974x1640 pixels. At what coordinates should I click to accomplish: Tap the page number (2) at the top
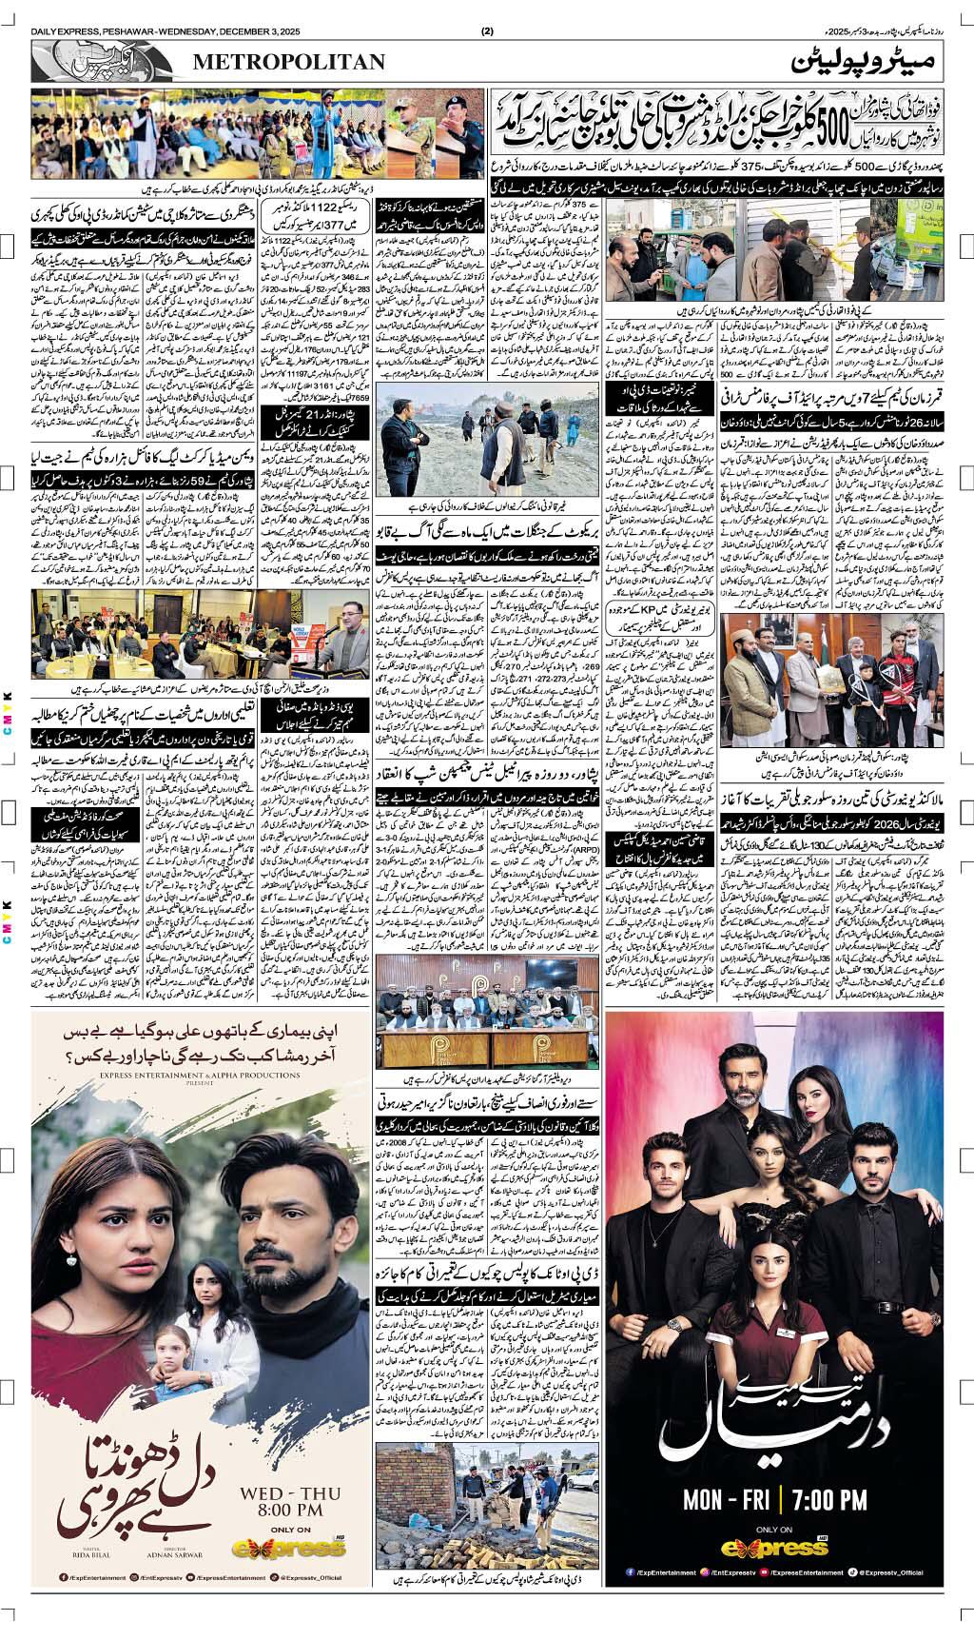point(488,31)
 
